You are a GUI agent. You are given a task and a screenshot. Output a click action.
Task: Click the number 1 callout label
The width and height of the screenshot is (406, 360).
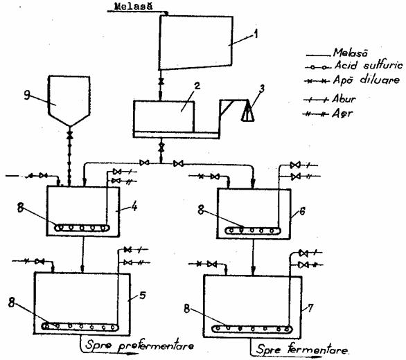[256, 34]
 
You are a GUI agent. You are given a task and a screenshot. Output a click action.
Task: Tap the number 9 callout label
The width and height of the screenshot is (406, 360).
[27, 96]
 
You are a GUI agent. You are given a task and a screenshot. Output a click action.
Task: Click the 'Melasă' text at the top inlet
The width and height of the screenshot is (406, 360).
[133, 6]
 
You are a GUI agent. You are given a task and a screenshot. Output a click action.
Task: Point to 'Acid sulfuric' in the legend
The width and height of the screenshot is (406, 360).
[369, 65]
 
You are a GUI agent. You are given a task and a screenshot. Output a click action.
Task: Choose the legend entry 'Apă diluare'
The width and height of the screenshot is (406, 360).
[366, 80]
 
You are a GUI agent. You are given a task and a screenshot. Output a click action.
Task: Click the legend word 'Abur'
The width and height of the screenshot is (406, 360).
[344, 99]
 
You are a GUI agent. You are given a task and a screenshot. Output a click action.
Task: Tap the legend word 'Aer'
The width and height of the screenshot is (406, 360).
[342, 114]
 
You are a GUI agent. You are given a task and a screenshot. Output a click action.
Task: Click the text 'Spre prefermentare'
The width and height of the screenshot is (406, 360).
[139, 346]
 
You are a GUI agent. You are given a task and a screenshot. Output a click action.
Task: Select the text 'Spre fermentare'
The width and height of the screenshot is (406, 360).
[303, 350]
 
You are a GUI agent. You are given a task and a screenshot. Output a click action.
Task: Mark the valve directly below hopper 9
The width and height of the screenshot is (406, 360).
[70, 134]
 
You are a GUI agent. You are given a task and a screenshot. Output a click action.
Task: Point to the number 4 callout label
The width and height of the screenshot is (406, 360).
[134, 207]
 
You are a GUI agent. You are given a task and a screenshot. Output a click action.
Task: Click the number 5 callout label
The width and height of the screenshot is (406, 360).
[143, 296]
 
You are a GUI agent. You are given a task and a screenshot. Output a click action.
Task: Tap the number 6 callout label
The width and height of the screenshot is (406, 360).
[302, 211]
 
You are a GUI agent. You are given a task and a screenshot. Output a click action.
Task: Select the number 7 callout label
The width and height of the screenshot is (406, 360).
[310, 307]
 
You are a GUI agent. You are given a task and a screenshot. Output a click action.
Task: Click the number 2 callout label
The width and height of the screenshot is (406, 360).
[197, 86]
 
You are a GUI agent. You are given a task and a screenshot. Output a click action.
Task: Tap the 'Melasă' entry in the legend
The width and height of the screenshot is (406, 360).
[351, 53]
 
